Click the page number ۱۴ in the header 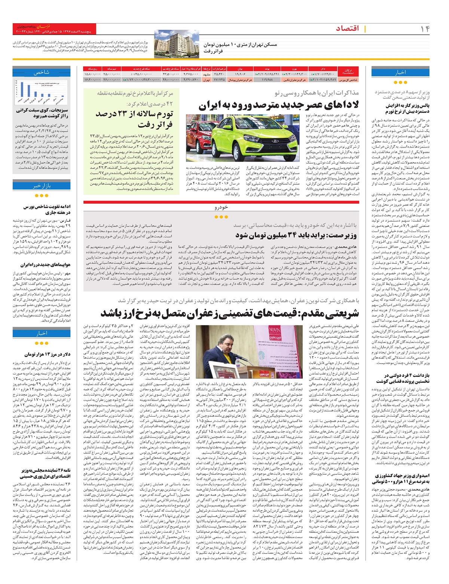coord(425,28)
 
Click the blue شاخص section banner coord(42,72)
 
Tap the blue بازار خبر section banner coord(42,186)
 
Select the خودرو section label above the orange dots coord(221,207)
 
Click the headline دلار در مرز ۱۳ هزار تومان coord(47,354)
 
